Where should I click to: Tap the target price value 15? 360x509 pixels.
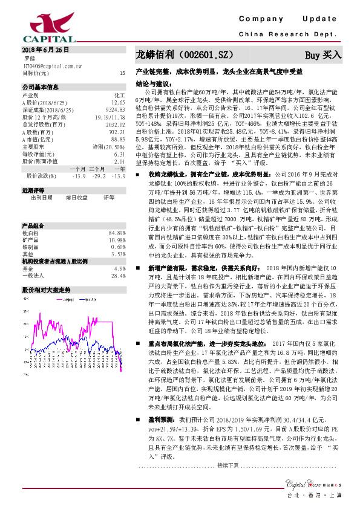tap(122, 73)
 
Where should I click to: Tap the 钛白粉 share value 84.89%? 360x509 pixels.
tap(117, 232)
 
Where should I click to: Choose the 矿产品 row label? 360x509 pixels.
tap(31, 239)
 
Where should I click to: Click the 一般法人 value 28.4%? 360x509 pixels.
tap(118, 275)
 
